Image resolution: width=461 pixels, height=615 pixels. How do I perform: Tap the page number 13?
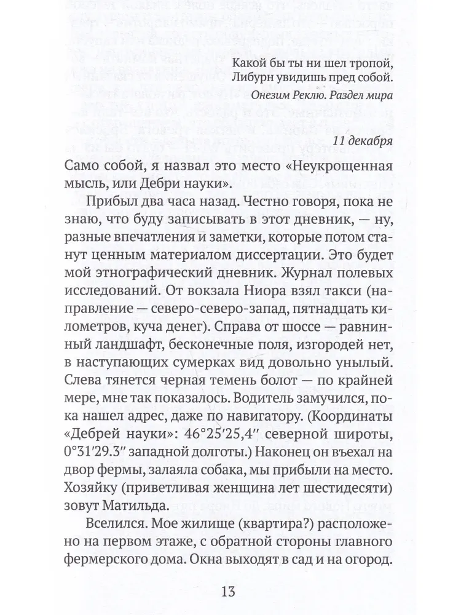pyautogui.click(x=227, y=592)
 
